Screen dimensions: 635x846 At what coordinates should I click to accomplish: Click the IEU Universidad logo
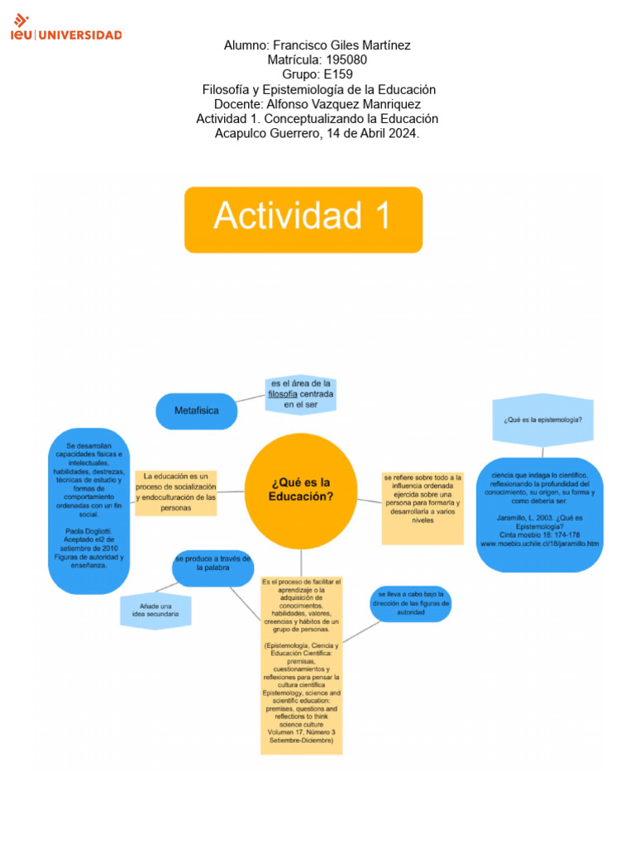point(66,28)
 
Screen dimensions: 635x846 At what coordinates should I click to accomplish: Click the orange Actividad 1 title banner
point(303,219)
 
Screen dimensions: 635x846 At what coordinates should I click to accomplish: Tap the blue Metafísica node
point(196,411)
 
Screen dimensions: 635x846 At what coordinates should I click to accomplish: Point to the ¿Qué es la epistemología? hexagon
point(542,420)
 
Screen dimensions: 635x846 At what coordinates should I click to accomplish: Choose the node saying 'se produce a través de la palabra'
point(212,563)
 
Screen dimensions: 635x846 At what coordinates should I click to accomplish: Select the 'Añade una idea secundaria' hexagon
point(155,611)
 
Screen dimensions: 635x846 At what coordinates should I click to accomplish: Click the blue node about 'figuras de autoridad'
point(410,604)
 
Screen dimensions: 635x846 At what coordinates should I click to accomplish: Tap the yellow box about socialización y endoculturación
point(175,492)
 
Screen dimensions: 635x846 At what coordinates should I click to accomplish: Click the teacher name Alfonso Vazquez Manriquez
point(351,104)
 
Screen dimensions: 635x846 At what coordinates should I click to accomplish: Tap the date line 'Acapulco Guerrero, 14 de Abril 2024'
point(317,133)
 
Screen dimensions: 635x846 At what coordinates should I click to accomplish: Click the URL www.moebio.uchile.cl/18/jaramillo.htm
point(539,544)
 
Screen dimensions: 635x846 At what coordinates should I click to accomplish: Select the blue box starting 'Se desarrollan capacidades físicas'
point(88,510)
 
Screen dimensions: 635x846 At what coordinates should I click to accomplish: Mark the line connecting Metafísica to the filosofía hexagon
point(251,399)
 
